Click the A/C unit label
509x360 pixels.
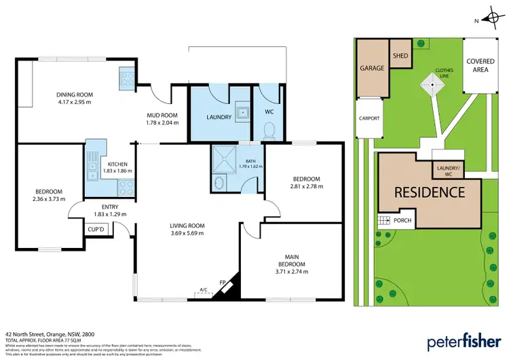point(202,290)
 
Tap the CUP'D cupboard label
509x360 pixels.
point(96,230)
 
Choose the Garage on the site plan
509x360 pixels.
point(372,69)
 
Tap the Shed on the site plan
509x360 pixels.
point(400,56)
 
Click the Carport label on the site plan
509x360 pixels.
point(369,118)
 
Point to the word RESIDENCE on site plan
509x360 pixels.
point(430,192)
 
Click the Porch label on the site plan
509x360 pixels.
point(402,219)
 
